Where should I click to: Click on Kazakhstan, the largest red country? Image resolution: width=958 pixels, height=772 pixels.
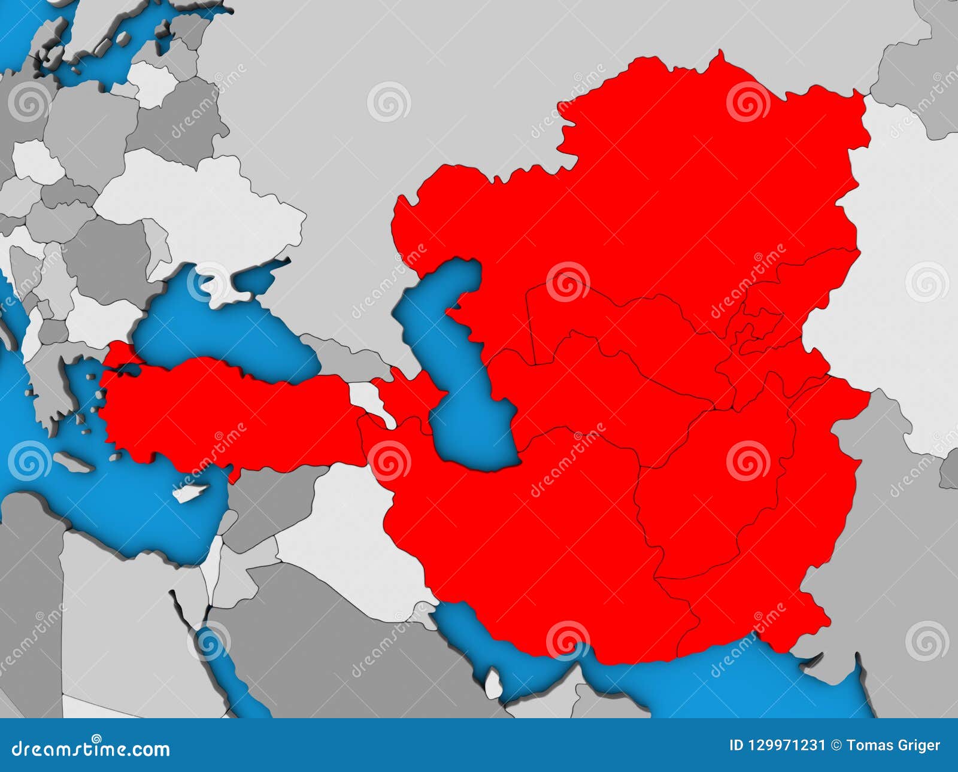659,197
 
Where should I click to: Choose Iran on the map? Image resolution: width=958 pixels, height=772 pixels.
539,539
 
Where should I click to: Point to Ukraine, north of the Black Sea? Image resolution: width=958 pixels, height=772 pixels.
210,215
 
